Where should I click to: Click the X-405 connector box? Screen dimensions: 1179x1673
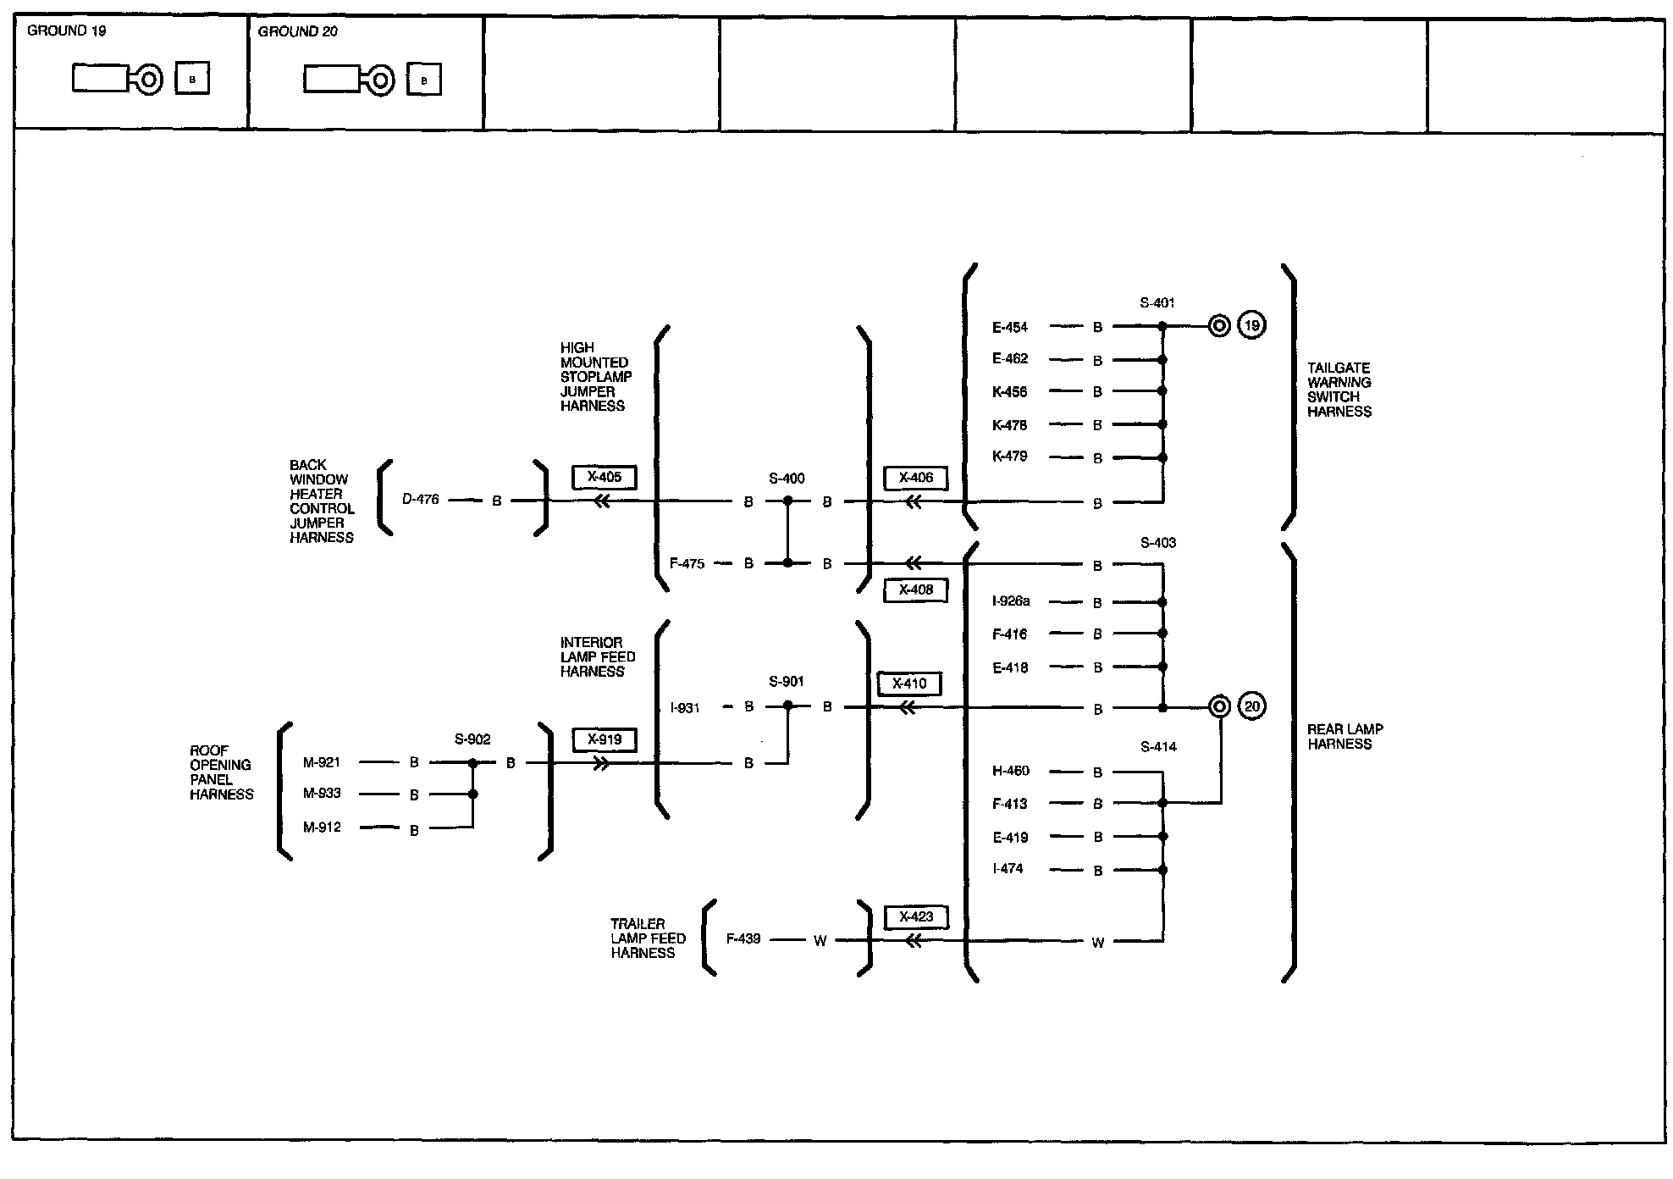[x=604, y=478]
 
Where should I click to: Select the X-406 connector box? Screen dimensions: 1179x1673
[x=915, y=479]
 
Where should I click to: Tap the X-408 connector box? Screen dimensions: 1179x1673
[x=915, y=590]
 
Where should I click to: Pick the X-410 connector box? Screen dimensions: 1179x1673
[x=909, y=684]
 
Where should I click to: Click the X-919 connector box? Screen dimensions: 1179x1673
[x=604, y=740]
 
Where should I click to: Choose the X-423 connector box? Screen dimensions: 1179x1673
[x=915, y=917]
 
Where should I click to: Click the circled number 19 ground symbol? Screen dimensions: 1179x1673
[x=1251, y=325]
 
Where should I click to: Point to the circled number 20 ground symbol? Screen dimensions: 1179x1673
[x=1251, y=706]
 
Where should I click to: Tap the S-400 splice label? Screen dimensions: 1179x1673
[x=787, y=479]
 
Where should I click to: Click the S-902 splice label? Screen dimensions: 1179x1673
[x=472, y=739]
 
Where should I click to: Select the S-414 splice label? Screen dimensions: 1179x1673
[x=1158, y=747]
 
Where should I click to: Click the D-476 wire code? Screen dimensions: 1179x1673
[x=421, y=500]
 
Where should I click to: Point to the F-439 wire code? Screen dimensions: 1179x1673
[x=743, y=939]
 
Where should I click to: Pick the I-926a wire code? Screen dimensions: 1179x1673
[x=1011, y=601]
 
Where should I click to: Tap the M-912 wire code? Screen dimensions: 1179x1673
[x=322, y=828]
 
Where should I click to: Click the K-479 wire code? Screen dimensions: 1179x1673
[x=1010, y=457]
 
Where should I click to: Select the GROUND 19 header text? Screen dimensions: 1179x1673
[x=67, y=31]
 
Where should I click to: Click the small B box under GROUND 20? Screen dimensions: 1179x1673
[x=424, y=80]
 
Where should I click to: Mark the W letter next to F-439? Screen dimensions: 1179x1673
[x=820, y=941]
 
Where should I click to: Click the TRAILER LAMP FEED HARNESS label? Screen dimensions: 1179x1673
[x=648, y=938]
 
